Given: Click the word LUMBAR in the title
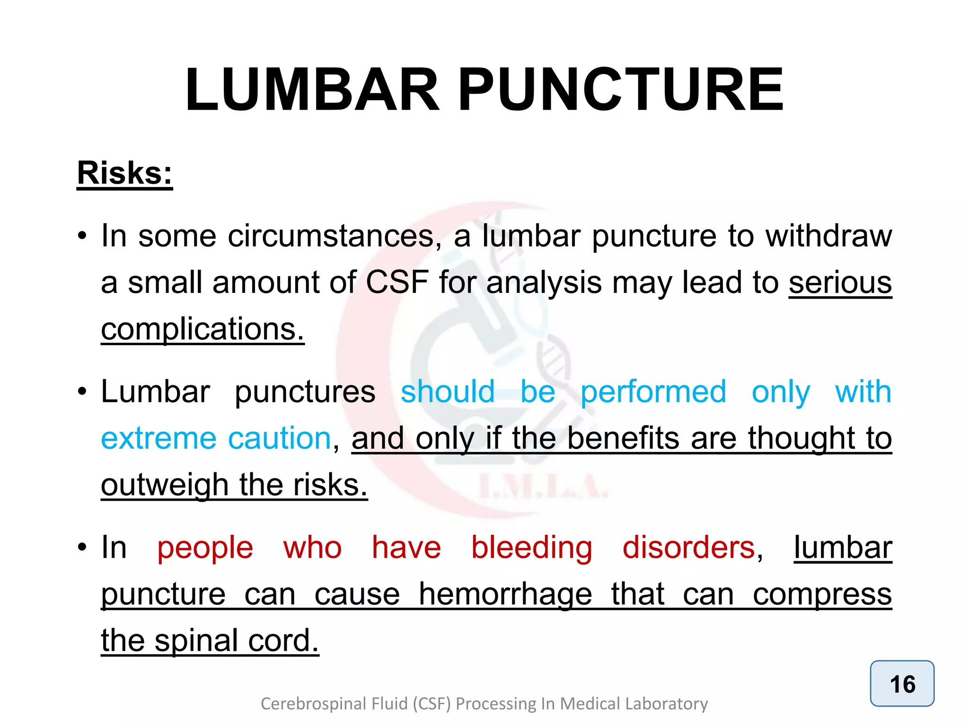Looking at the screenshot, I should pos(312,90).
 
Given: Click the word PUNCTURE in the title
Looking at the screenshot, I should pos(621,90).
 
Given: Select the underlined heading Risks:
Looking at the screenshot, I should pos(125,173).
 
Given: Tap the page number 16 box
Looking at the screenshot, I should pos(902,683).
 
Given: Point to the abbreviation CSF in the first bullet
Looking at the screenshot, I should pos(397,283).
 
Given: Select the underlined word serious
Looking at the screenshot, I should pos(840,283).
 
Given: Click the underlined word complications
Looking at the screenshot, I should pos(203,329).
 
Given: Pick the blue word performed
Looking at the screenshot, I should pos(653,392).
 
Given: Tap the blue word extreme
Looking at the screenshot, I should pos(159,438).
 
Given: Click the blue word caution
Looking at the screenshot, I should pos(280,438).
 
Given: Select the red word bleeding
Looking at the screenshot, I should pos(532,548).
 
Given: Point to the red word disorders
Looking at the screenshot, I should pos(688,548).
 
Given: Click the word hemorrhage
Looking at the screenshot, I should pos(505,594).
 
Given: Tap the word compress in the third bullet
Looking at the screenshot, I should pos(822,594).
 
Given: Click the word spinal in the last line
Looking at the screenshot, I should pos(195,641).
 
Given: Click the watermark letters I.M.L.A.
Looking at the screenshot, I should pos(543,488).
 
